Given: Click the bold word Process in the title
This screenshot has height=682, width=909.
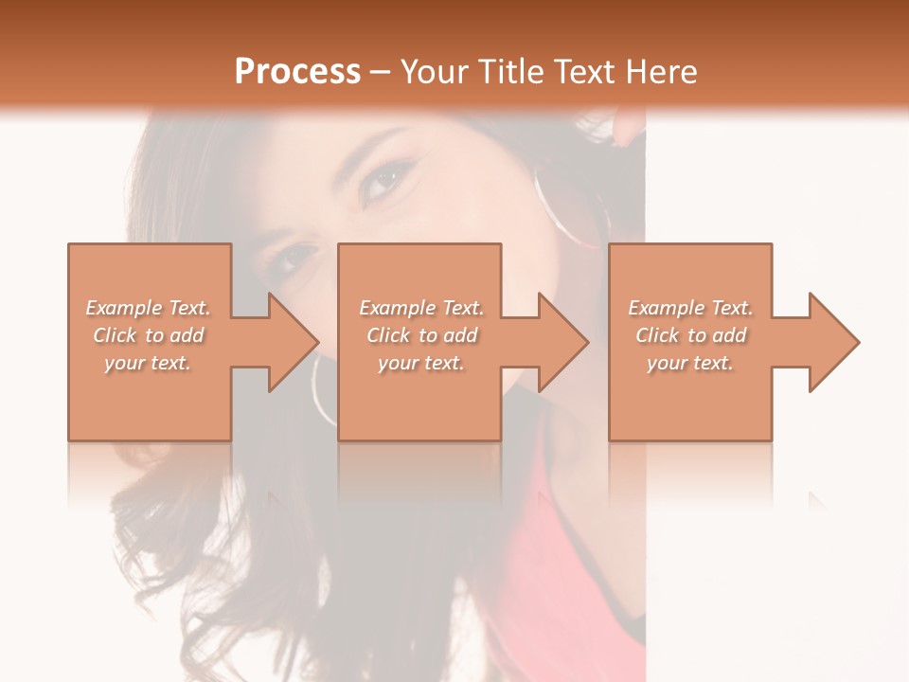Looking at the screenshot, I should coord(297,71).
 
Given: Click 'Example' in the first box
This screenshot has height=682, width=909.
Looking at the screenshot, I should coord(124,308).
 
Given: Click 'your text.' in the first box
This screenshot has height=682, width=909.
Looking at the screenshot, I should coord(148,363).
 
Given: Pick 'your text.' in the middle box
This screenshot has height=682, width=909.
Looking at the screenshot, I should coord(420,363).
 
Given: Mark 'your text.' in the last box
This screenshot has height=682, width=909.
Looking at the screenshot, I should coord(689,363).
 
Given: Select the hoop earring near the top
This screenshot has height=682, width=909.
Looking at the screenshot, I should coord(568,204).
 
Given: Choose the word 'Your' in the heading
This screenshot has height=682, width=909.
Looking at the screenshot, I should coord(432,71).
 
